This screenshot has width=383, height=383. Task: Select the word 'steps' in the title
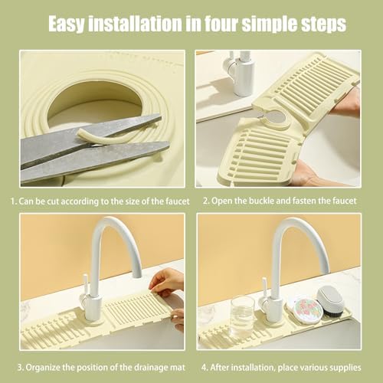click(320, 25)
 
